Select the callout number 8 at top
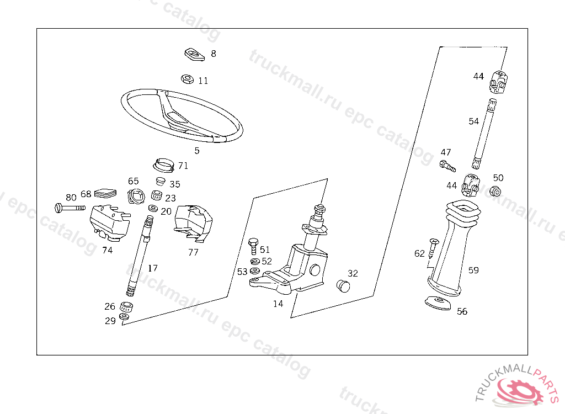[x=214, y=54]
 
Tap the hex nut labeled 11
[x=187, y=79]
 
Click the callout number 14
[x=278, y=303]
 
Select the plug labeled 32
[x=343, y=285]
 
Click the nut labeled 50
[x=495, y=192]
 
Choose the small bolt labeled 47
[x=447, y=164]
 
